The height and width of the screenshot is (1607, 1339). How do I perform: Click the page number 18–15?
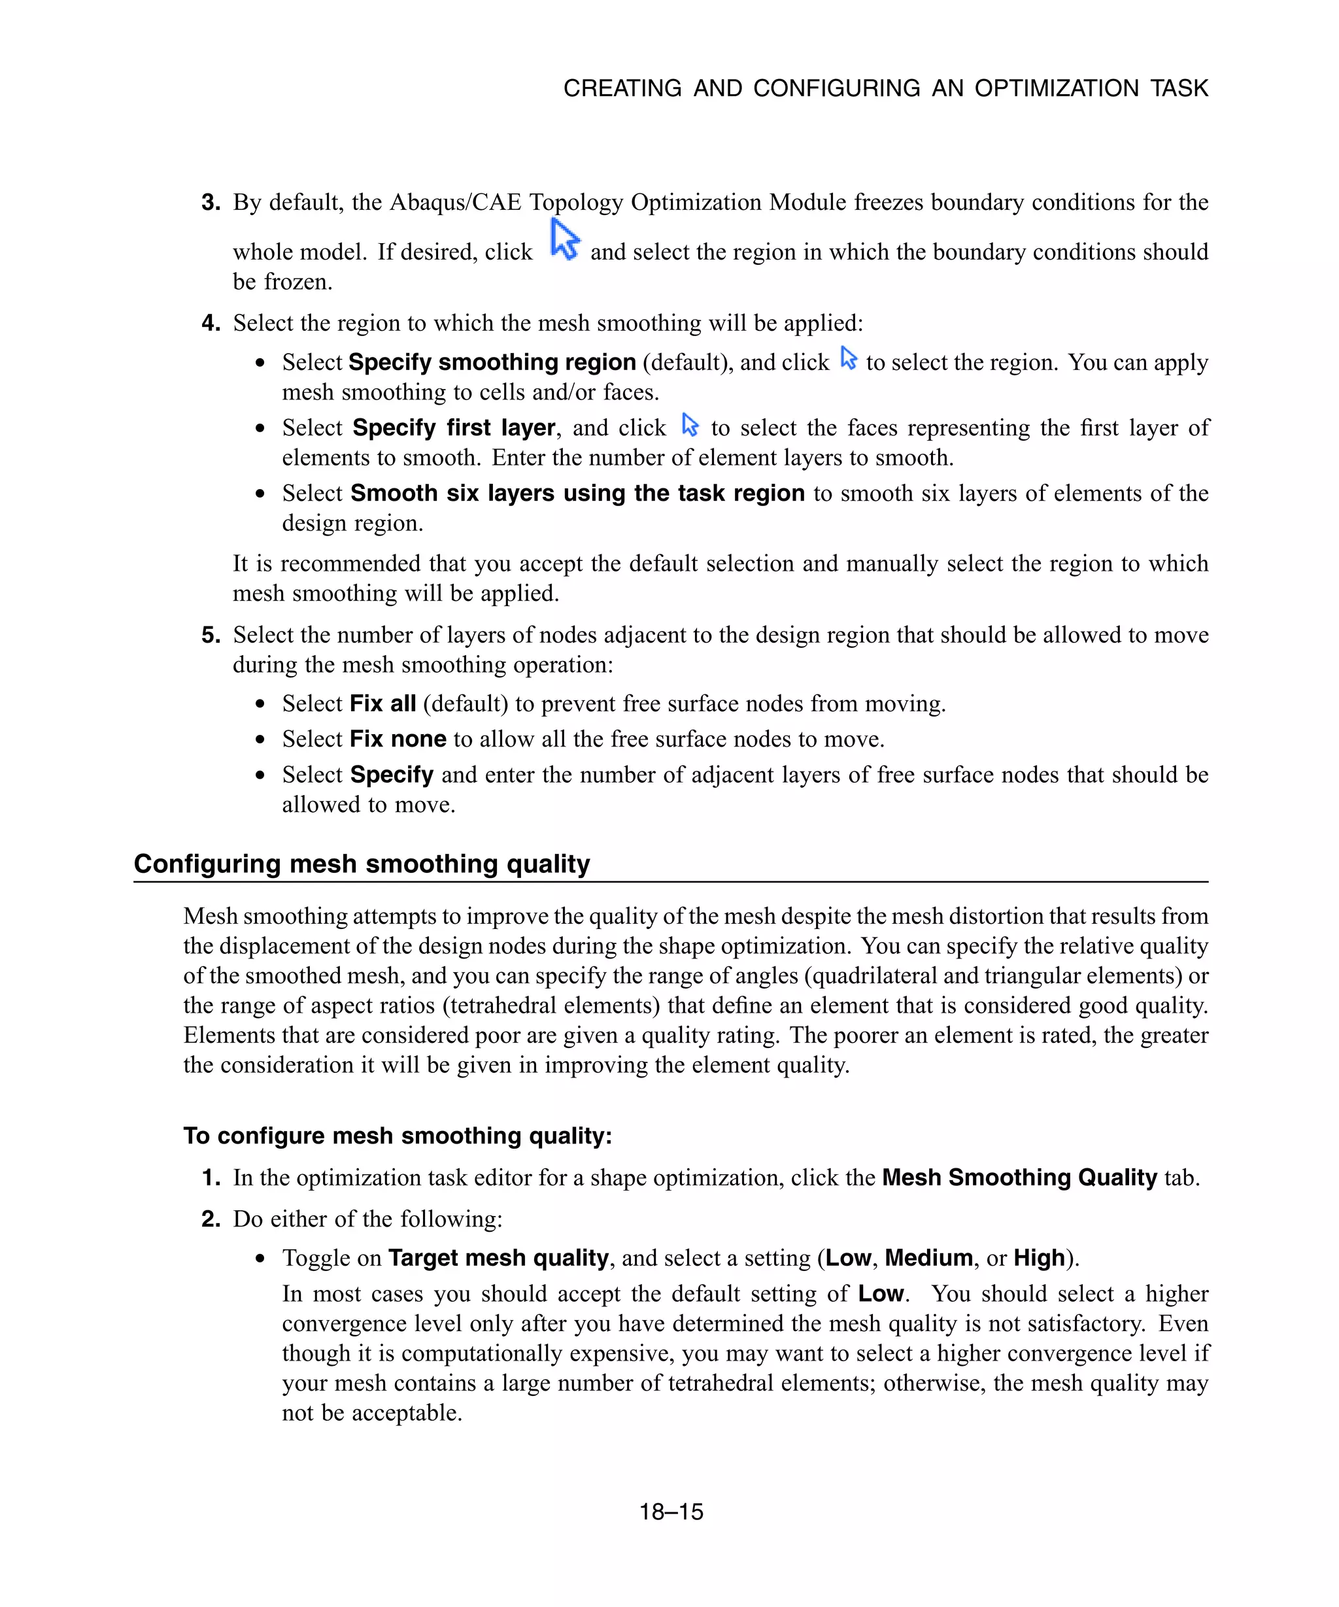click(x=670, y=1512)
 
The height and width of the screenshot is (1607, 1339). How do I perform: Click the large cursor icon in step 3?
click(x=565, y=239)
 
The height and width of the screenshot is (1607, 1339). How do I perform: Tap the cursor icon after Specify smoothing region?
click(x=848, y=358)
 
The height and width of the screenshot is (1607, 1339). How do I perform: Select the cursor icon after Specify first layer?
click(x=689, y=425)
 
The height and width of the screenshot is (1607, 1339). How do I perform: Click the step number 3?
click(x=211, y=202)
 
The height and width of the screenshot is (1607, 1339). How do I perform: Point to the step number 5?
click(x=211, y=634)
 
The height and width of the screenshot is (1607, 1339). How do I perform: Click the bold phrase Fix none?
click(x=397, y=739)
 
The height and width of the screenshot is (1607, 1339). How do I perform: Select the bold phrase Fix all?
click(x=382, y=703)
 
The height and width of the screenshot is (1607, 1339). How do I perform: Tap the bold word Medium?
click(x=928, y=1257)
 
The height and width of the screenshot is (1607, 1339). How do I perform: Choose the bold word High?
click(x=1039, y=1257)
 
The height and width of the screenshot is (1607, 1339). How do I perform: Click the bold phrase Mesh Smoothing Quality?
click(x=1019, y=1177)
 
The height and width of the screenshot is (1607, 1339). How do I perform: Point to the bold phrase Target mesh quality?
click(x=498, y=1257)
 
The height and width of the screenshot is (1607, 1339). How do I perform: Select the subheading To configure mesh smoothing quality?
click(x=397, y=1135)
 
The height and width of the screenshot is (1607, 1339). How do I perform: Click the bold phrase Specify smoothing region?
click(x=492, y=362)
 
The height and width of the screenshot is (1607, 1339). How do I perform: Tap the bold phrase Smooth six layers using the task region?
click(x=577, y=493)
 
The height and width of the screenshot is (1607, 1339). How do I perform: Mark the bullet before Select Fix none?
click(x=261, y=740)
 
